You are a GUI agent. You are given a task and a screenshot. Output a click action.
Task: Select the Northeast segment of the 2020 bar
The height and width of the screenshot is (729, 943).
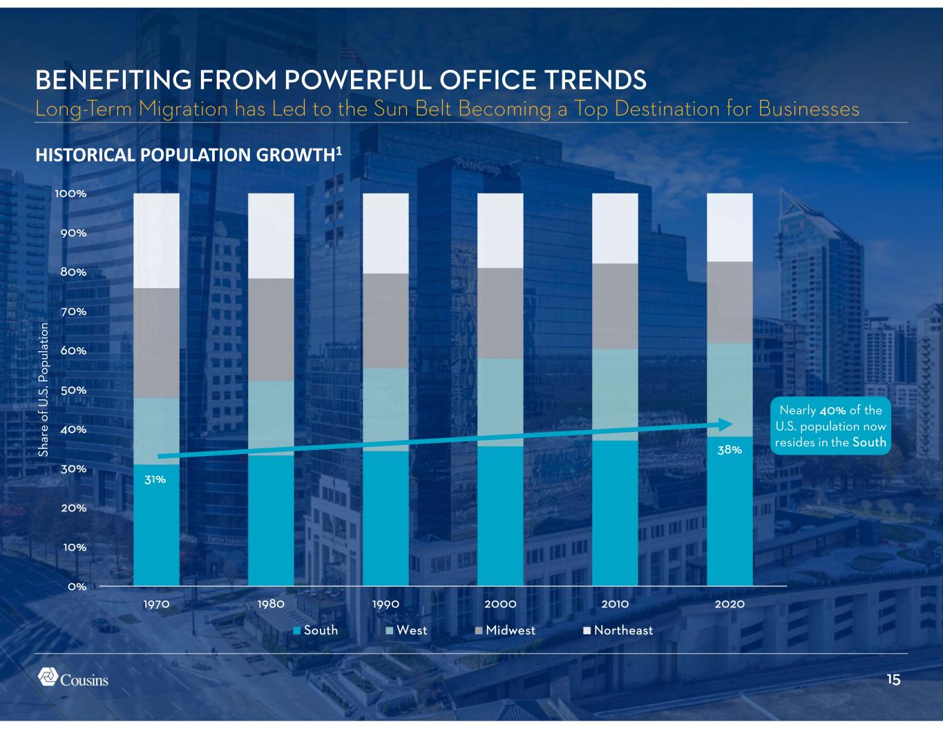pyautogui.click(x=730, y=227)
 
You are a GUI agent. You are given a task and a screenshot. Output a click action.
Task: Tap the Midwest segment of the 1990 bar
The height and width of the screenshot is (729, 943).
pyautogui.click(x=385, y=321)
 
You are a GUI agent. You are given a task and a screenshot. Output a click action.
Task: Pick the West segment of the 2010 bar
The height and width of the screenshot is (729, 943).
pyautogui.click(x=615, y=394)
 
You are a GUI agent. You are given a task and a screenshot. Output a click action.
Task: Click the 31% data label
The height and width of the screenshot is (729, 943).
pyautogui.click(x=155, y=479)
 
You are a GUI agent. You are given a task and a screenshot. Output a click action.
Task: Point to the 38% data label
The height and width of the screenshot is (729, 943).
pyautogui.click(x=730, y=450)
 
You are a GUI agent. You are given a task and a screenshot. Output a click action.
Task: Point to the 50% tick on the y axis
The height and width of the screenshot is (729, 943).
pyautogui.click(x=72, y=390)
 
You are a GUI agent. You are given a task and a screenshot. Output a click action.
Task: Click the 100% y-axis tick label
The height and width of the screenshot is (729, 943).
pyautogui.click(x=70, y=193)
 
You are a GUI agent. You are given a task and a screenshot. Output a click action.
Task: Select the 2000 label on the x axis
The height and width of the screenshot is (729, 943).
pyautogui.click(x=500, y=604)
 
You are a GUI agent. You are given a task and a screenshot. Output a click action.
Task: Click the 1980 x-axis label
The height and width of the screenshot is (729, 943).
pyautogui.click(x=271, y=604)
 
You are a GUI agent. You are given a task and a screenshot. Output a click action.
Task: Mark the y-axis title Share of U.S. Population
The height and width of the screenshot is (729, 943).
pyautogui.click(x=44, y=389)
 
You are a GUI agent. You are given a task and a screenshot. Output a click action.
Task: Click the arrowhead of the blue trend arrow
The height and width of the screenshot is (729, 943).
pyautogui.click(x=725, y=424)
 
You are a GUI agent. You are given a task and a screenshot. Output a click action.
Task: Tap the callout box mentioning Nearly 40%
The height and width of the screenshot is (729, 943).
pyautogui.click(x=830, y=426)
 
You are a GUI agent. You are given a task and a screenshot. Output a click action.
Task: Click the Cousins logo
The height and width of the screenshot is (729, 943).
pyautogui.click(x=73, y=678)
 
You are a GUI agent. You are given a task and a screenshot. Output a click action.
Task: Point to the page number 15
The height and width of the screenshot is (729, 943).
pyautogui.click(x=893, y=680)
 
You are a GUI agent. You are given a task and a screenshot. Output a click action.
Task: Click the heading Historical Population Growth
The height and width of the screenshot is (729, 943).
pyautogui.click(x=189, y=155)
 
